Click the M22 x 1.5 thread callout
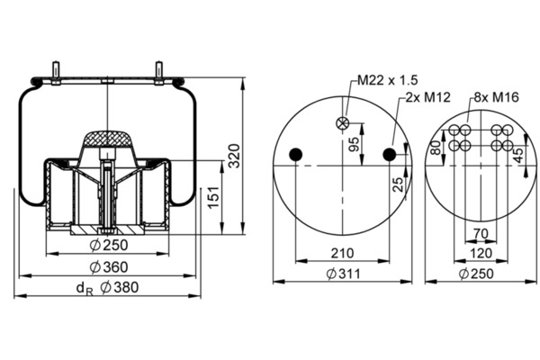pyautogui.click(x=387, y=80)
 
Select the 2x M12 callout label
pyautogui.click(x=427, y=97)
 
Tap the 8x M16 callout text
pyautogui.click(x=496, y=97)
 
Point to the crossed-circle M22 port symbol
pyautogui.click(x=342, y=123)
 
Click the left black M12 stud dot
pyautogui.click(x=295, y=155)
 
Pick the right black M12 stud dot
pyautogui.click(x=390, y=155)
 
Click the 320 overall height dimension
pyautogui.click(x=235, y=156)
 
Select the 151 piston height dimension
pyautogui.click(x=213, y=197)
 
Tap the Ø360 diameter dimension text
pyautogui.click(x=109, y=267)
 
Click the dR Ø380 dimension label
pyautogui.click(x=107, y=288)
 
